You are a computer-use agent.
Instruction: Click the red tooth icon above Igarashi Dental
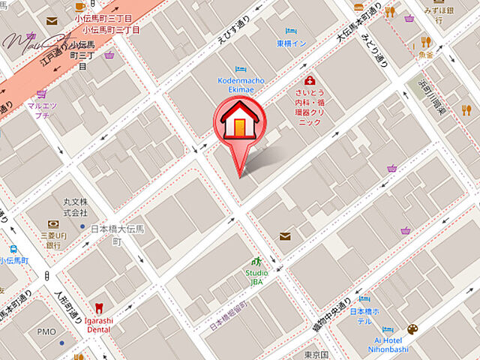pos(98,307)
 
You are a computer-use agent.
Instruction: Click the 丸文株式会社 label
pos(75,208)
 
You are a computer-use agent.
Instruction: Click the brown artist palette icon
pos(412,329)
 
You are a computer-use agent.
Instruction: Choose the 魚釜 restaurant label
pos(426,55)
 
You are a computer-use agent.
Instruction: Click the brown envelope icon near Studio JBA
pos(285,236)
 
